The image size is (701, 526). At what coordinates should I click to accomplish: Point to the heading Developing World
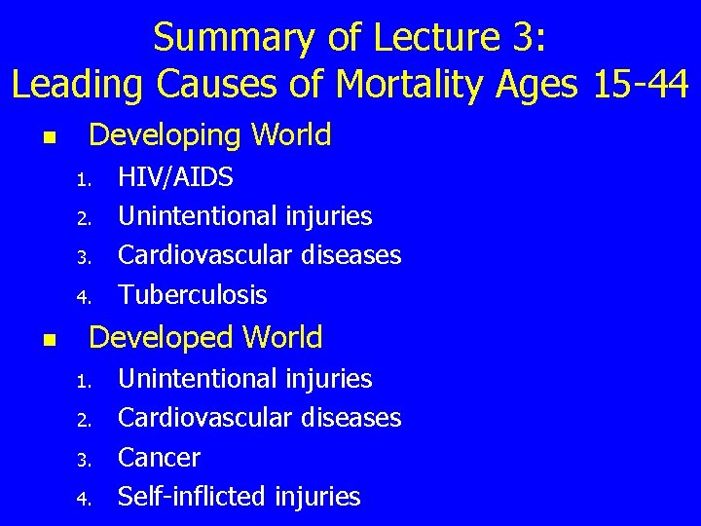209,135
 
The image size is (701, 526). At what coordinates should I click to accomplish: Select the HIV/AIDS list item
175,177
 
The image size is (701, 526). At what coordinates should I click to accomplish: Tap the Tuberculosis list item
192,295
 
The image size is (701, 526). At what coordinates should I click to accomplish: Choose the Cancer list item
159,458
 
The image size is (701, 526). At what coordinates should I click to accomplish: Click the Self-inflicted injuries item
239,497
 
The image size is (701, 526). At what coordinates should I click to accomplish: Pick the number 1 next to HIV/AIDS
84,180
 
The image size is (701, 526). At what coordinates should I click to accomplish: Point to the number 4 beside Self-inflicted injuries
84,500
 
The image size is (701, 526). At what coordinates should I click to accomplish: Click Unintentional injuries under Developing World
244,216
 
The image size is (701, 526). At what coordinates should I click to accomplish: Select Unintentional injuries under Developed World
244,378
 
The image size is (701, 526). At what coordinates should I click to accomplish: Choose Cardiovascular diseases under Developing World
259,255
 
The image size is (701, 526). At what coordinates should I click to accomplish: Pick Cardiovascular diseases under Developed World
259,418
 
